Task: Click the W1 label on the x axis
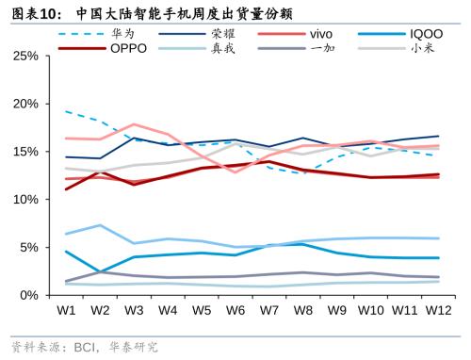click(x=66, y=309)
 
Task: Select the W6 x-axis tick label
click(x=235, y=309)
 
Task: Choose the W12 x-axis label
click(x=437, y=309)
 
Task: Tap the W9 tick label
click(x=335, y=309)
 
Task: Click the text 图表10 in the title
click(x=37, y=12)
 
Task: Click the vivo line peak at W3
click(x=134, y=124)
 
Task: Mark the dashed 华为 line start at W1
click(x=66, y=111)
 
